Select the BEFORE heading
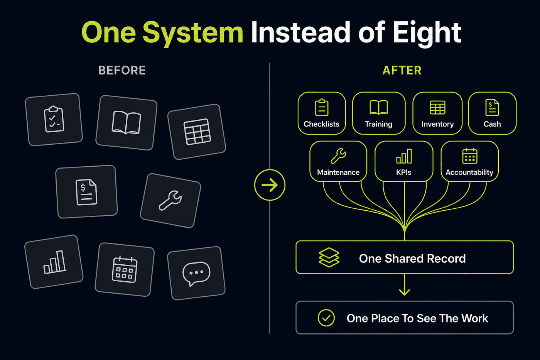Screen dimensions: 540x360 coord(122,70)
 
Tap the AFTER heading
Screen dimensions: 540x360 coord(402,70)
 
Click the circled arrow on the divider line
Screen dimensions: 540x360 coord(270,185)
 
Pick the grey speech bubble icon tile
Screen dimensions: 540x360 coord(196,273)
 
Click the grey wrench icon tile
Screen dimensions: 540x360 coord(170,200)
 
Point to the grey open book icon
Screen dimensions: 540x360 coord(127,123)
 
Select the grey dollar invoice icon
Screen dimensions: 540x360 coord(86,192)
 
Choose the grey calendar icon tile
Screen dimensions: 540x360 coord(125,270)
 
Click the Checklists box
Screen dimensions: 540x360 coord(322,113)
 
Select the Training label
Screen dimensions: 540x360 coord(378,124)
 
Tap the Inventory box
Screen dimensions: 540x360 coord(437,113)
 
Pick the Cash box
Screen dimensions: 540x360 coord(492,113)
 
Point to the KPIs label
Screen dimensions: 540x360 coord(403,172)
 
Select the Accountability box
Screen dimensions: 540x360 coord(470,161)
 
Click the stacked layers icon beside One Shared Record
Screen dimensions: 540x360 coord(329,257)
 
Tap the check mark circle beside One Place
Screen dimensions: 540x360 coord(326,318)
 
